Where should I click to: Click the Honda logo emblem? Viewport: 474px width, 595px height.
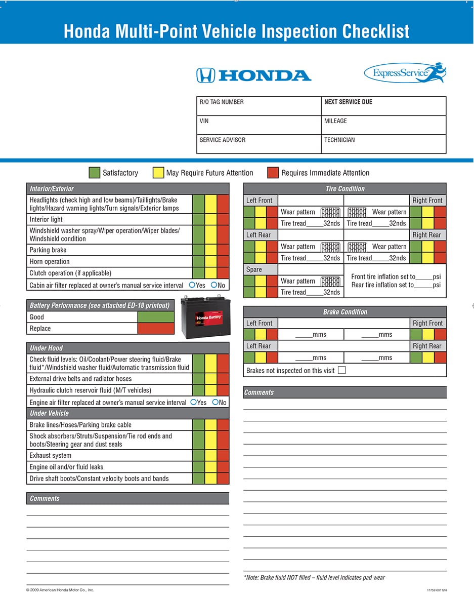pos(205,75)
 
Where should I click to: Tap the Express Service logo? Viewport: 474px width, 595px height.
pos(405,73)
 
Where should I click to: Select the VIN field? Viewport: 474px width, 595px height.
pos(258,125)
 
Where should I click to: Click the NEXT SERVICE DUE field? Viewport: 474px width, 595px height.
pos(383,106)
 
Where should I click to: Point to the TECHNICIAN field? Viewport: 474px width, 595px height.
pos(383,144)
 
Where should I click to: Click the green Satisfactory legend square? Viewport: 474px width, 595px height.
pos(94,173)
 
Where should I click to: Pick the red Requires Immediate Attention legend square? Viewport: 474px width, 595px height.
pos(273,173)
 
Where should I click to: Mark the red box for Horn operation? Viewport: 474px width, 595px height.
pos(223,261)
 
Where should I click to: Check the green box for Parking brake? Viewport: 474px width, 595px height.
pos(198,250)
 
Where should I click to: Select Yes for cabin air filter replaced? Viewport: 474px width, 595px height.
pos(192,285)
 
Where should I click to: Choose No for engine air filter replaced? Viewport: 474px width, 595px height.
pos(216,402)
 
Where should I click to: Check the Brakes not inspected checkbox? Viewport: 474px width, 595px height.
pos(341,370)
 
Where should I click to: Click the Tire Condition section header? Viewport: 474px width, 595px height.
pos(345,189)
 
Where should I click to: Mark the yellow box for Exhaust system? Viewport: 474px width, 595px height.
pos(211,455)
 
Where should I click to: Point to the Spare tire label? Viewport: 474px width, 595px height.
pos(254,269)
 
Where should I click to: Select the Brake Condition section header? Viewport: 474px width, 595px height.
pos(345,312)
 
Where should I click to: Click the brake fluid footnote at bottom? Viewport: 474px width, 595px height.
pos(314,577)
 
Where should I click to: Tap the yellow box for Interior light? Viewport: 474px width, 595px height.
pos(211,219)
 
